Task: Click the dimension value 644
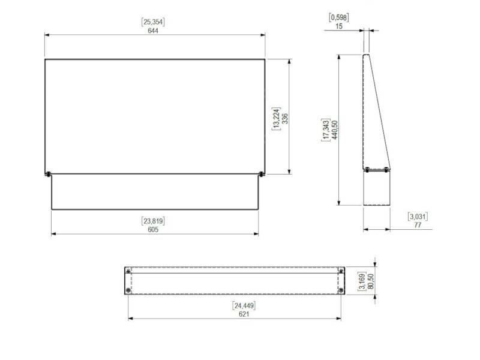tap(153, 31)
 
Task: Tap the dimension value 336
tap(285, 119)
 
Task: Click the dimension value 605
tap(154, 229)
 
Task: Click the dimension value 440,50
tap(335, 130)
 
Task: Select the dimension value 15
tap(339, 26)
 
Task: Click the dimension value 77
tap(417, 225)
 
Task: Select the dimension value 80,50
tap(370, 281)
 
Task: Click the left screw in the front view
tap(47, 175)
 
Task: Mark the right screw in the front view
tap(261, 175)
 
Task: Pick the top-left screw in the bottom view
tap(128, 272)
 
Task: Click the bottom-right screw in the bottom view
tap(341, 290)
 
